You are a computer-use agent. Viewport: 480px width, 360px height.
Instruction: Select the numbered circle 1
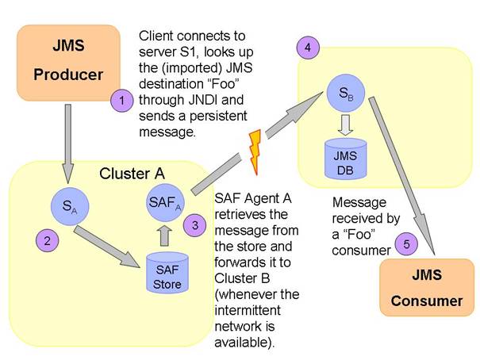(121, 101)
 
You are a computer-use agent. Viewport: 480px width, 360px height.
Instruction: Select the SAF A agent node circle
(163, 205)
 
